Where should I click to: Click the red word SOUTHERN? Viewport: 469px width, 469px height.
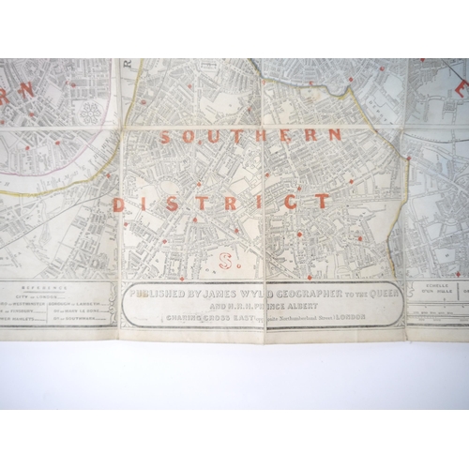click(250, 136)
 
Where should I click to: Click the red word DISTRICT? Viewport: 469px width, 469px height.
click(220, 201)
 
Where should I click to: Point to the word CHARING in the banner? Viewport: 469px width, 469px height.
click(184, 316)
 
